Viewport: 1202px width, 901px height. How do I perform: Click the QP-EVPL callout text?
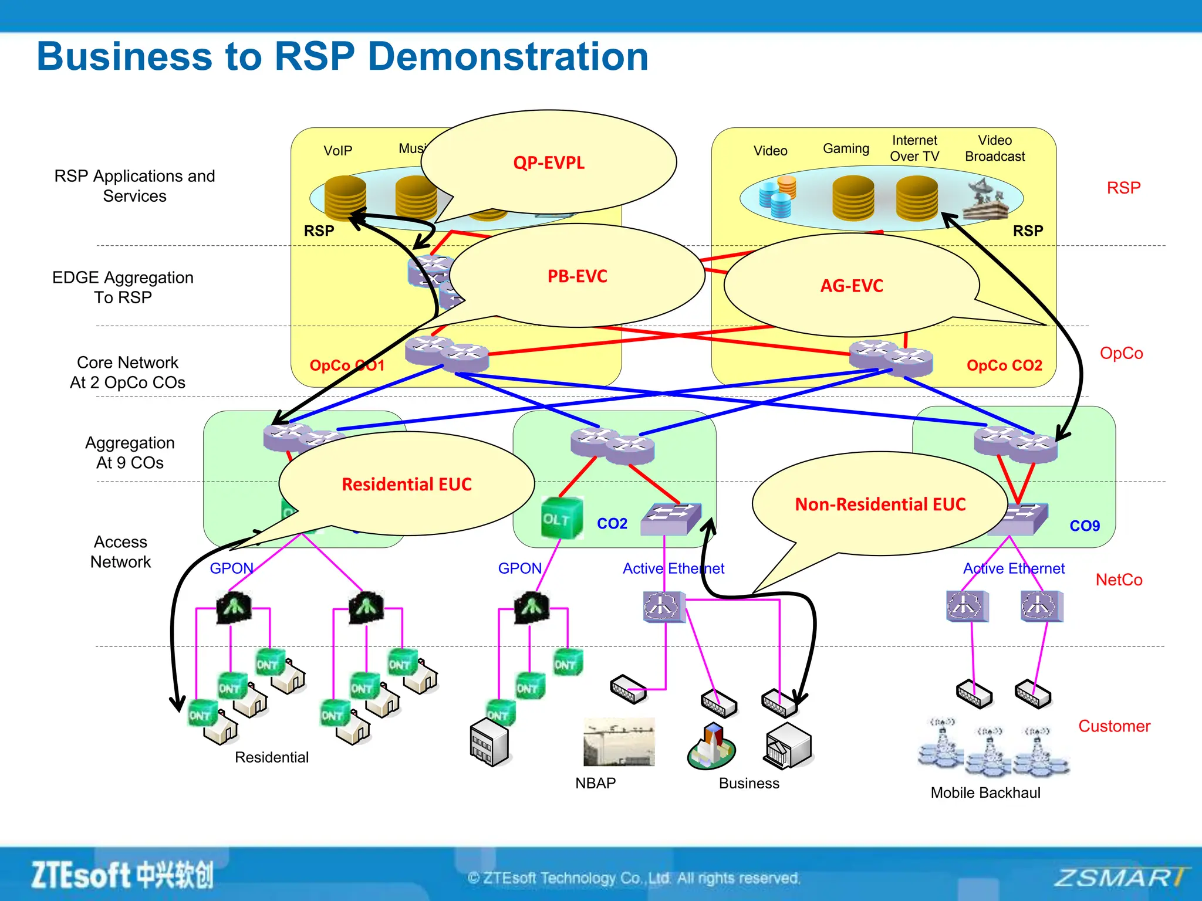pyautogui.click(x=549, y=162)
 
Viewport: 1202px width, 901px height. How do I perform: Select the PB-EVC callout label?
pyautogui.click(x=577, y=276)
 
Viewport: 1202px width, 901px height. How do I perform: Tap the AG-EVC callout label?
pyautogui.click(x=851, y=286)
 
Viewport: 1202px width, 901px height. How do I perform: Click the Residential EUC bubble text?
pyautogui.click(x=406, y=485)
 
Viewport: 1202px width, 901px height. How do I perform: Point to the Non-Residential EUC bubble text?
pyautogui.click(x=880, y=504)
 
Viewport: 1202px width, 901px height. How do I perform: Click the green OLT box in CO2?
pyautogui.click(x=562, y=518)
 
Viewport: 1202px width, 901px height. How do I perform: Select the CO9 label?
pyautogui.click(x=1084, y=526)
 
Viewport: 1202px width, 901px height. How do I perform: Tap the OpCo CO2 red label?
pyautogui.click(x=1004, y=365)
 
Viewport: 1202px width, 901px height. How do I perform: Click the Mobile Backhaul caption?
pyautogui.click(x=985, y=793)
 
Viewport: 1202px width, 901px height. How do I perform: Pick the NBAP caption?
pyautogui.click(x=595, y=784)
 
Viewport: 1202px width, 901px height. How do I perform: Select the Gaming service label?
pyautogui.click(x=846, y=148)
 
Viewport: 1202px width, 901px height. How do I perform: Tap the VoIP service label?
pyautogui.click(x=337, y=151)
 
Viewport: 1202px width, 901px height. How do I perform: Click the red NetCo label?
pyautogui.click(x=1119, y=580)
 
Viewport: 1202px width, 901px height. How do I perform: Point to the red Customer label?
pyautogui.click(x=1114, y=726)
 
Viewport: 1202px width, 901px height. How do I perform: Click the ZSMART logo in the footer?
pyautogui.click(x=1120, y=878)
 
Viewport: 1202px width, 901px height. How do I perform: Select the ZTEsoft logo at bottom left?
pyautogui.click(x=122, y=876)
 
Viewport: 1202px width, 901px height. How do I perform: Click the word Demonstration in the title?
pyautogui.click(x=508, y=57)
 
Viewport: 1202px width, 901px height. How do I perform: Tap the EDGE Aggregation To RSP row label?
pyautogui.click(x=123, y=287)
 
